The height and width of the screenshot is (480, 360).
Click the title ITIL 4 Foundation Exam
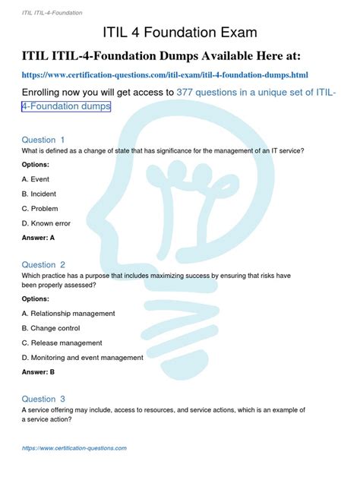tap(180, 33)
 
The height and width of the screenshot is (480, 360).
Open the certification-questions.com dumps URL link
tap(164, 75)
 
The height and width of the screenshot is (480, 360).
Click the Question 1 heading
tap(43, 140)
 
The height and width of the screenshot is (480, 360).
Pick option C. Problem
tap(40, 208)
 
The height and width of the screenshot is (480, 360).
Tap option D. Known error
tap(47, 223)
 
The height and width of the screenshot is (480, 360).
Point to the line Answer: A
tap(38, 238)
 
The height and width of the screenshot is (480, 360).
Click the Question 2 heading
tap(43, 264)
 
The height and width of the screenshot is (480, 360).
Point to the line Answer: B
tap(38, 372)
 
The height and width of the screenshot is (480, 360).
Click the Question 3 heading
tap(43, 399)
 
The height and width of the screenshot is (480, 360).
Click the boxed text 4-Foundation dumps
tap(66, 107)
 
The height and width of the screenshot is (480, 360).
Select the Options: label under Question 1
tap(36, 164)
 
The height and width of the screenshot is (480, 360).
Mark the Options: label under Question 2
tap(36, 298)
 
